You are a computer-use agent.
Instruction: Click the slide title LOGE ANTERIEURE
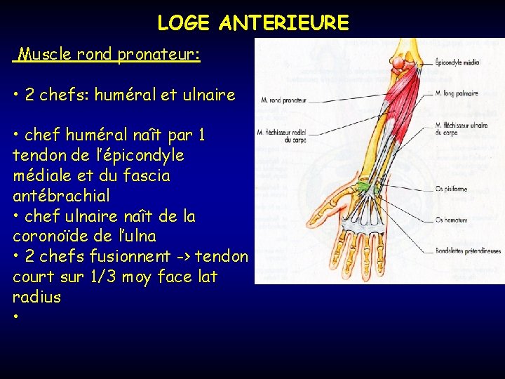(252, 23)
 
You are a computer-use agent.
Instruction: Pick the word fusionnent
(126, 257)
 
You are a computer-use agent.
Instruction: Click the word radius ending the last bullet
(36, 297)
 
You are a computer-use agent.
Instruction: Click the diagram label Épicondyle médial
(457, 62)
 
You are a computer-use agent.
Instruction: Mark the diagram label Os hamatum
(451, 220)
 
